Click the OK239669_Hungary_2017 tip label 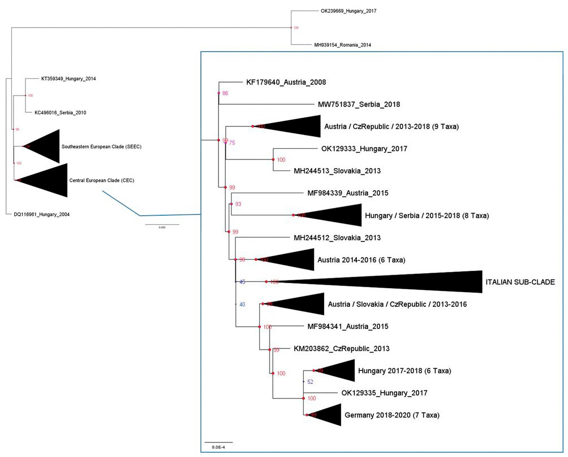pos(348,11)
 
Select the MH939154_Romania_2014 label pos(342,45)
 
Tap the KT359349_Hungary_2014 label pos(68,79)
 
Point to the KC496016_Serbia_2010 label pos(60,113)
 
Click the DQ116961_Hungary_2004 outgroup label pos(42,215)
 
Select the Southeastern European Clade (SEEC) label pos(101,147)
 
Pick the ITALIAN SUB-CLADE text pos(520,282)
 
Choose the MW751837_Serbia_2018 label pos(359,104)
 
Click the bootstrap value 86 pos(225,93)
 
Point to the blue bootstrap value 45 pos(242,282)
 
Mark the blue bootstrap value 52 pos(310,382)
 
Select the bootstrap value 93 pos(238,204)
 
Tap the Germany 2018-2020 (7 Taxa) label pos(392,415)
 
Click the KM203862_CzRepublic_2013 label pos(341,349)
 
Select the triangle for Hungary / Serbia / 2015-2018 pos(337,215)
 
